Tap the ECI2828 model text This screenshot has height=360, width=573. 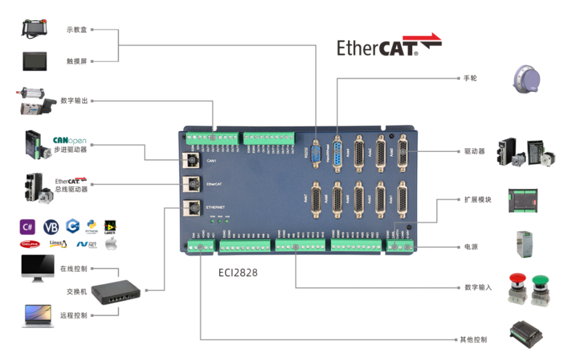[x=238, y=272]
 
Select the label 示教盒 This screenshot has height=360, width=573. [x=76, y=30]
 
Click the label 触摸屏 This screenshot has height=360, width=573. [x=76, y=62]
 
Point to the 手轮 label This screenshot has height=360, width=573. [x=470, y=78]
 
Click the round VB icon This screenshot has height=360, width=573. [x=51, y=227]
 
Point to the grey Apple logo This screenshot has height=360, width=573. [x=111, y=244]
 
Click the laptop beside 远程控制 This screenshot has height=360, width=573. [x=37, y=315]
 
